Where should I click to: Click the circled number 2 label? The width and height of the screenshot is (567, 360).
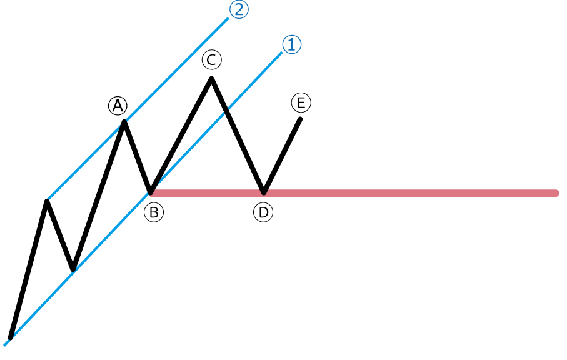[x=239, y=11]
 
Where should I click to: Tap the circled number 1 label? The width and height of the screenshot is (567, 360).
[x=292, y=45]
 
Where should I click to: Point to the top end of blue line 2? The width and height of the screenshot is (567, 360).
[x=228, y=19]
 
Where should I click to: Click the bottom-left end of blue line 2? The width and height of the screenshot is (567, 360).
[x=49, y=199]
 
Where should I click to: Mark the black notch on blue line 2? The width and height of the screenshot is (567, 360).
[x=124, y=123]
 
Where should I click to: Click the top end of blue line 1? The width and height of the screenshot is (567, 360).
[x=281, y=54]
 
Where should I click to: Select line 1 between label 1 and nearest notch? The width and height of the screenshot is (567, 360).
[x=254, y=82]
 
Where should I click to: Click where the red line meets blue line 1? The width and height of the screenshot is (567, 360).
[x=152, y=192]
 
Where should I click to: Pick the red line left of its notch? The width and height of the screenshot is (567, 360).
[x=206, y=193]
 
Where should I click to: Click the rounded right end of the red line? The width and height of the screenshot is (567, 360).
[x=555, y=193]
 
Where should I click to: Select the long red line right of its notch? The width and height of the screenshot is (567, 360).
[x=406, y=193]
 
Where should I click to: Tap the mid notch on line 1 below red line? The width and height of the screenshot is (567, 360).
[x=75, y=270]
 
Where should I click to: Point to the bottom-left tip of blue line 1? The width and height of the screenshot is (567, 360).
[x=6, y=344]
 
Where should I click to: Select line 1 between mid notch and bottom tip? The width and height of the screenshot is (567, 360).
[x=41, y=306]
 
